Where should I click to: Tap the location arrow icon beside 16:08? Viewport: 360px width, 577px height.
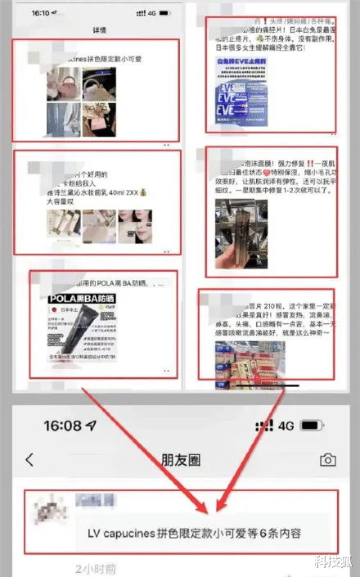(89, 426)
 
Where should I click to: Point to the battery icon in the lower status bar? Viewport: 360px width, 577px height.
(312, 426)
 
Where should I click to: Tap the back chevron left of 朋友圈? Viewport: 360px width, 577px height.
(30, 460)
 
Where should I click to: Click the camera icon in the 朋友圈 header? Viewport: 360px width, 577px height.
(327, 460)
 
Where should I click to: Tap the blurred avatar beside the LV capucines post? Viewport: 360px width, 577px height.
(44, 514)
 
